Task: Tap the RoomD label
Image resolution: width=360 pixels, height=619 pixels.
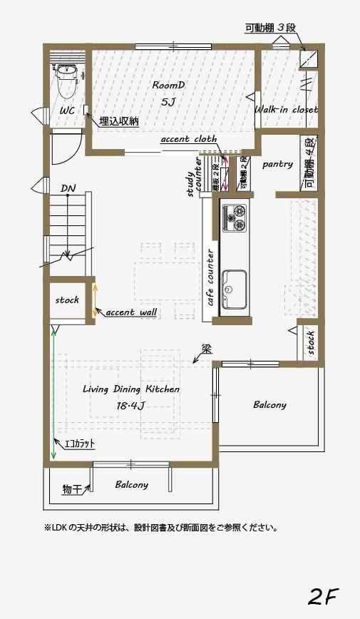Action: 168,85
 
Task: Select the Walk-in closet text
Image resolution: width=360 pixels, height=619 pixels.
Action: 286,110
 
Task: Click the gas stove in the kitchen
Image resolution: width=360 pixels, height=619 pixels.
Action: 234,218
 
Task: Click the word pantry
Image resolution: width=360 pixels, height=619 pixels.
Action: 277,164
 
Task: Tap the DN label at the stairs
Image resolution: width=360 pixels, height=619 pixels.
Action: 68,188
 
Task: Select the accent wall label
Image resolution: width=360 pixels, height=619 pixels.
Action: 132,312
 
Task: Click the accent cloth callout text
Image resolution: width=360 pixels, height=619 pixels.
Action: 189,139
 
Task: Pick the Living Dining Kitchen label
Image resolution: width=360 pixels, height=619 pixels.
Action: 131,389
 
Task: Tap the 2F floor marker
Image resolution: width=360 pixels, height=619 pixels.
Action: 323,595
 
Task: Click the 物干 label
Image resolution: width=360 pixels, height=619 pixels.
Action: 71,489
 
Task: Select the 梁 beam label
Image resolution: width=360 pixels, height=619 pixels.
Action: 206,349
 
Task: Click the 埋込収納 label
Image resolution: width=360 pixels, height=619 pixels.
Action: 119,121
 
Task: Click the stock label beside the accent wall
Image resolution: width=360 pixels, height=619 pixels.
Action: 67,300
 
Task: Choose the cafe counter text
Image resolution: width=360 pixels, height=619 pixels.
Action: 211,277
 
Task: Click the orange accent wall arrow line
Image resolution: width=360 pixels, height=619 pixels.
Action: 95,300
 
